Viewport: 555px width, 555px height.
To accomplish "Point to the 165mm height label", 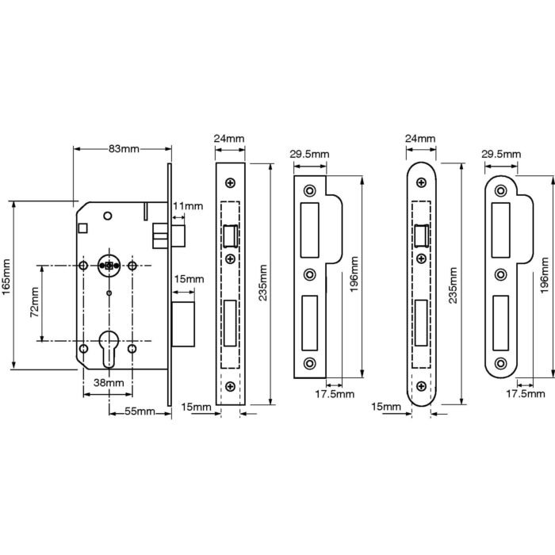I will (7, 284).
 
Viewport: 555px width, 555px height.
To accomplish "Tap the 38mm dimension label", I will (109, 383).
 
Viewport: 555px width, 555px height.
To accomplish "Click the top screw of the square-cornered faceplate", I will (231, 182).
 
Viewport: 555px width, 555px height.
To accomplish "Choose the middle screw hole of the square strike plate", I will (309, 275).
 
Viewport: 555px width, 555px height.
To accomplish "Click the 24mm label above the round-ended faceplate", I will (420, 139).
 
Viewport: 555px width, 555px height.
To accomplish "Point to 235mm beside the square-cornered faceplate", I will (262, 283).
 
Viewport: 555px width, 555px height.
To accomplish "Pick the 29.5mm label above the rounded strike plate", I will (499, 154).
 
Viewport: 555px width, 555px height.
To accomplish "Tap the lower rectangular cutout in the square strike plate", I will (309, 323).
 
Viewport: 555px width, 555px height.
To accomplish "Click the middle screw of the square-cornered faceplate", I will (231, 260).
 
